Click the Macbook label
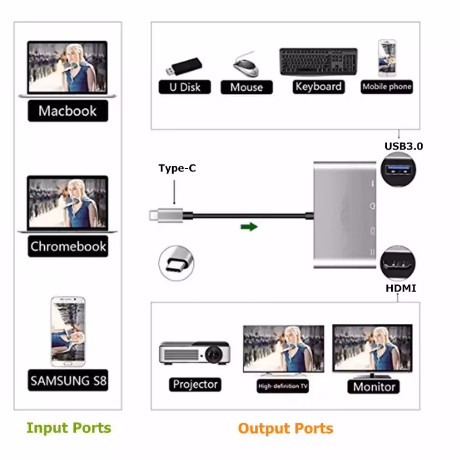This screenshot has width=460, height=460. click(68, 111)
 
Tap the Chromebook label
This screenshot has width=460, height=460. click(68, 247)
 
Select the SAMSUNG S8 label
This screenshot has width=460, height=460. click(68, 380)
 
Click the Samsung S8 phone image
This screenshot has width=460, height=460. click(68, 331)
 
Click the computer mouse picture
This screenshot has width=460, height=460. click(245, 65)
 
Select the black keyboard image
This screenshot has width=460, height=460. click(318, 62)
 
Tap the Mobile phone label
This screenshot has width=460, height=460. click(387, 87)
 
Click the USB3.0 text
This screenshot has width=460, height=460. click(404, 146)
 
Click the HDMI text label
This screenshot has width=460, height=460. click(401, 288)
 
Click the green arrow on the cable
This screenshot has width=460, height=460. click(249, 227)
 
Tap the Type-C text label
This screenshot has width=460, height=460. click(177, 168)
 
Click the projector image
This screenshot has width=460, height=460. click(195, 352)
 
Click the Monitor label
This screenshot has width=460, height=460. click(374, 387)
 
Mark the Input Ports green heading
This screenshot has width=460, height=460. click(69, 428)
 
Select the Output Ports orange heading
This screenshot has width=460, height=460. click(285, 428)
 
